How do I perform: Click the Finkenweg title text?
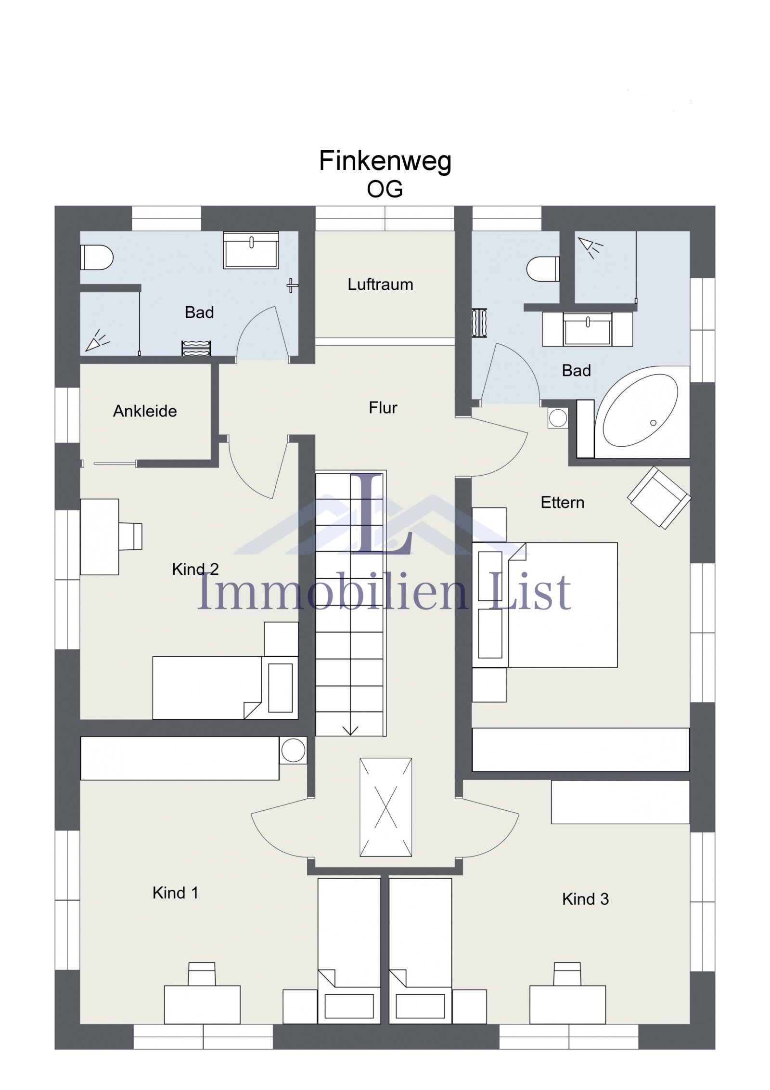(385, 161)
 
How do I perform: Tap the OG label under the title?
(385, 189)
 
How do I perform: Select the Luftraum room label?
(380, 285)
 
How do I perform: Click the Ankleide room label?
(145, 411)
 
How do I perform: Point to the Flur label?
(383, 408)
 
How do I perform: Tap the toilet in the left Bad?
(96, 258)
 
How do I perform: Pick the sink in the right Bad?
(587, 330)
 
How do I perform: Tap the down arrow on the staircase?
(350, 730)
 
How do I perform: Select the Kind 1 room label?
(175, 893)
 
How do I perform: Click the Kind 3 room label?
(585, 899)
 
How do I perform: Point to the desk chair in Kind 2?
(131, 536)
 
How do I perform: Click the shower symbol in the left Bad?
(97, 340)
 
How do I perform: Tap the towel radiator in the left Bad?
(196, 348)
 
